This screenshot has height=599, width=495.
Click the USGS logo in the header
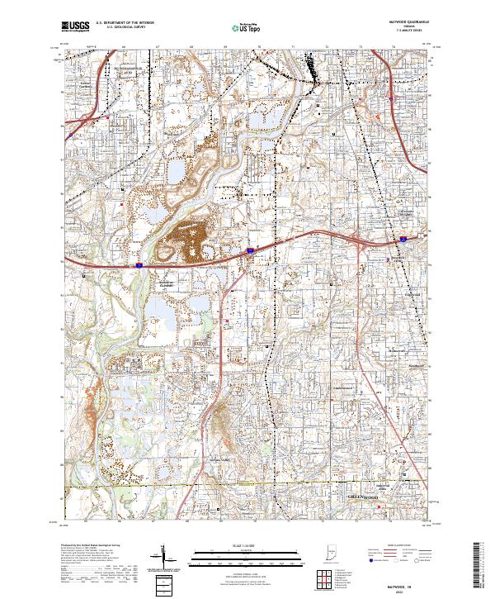tap(75, 26)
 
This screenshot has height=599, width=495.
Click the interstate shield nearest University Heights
tap(403, 238)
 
